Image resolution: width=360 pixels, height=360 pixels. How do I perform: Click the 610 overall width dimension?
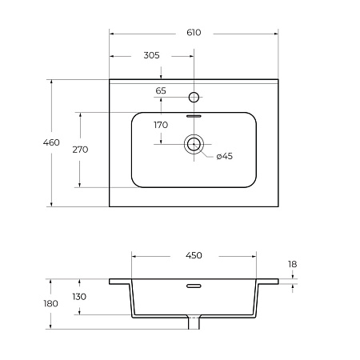(x=194, y=33)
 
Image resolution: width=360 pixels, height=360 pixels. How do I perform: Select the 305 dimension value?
(x=151, y=55)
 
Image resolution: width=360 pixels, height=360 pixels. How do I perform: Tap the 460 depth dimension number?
(x=51, y=142)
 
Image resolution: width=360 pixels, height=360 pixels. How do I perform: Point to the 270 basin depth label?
(x=80, y=150)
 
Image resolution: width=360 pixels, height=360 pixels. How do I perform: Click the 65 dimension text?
(x=161, y=90)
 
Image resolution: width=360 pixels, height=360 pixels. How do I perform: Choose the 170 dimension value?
(x=161, y=125)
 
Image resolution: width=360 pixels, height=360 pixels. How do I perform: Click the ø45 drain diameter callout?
(x=225, y=156)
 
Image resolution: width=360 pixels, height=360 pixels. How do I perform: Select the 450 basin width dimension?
(x=194, y=255)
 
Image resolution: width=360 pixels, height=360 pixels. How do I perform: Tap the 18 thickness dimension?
(x=293, y=264)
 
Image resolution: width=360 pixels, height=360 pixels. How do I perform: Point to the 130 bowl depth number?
(x=79, y=297)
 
